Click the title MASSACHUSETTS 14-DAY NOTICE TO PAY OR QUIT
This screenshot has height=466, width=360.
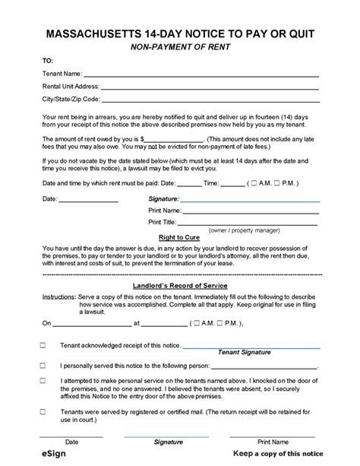(180, 34)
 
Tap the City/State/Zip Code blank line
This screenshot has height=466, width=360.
(210, 99)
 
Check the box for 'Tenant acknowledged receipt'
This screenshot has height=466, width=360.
(43, 345)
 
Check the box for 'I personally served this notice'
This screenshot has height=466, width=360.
(43, 364)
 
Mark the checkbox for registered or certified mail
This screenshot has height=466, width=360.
(43, 407)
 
